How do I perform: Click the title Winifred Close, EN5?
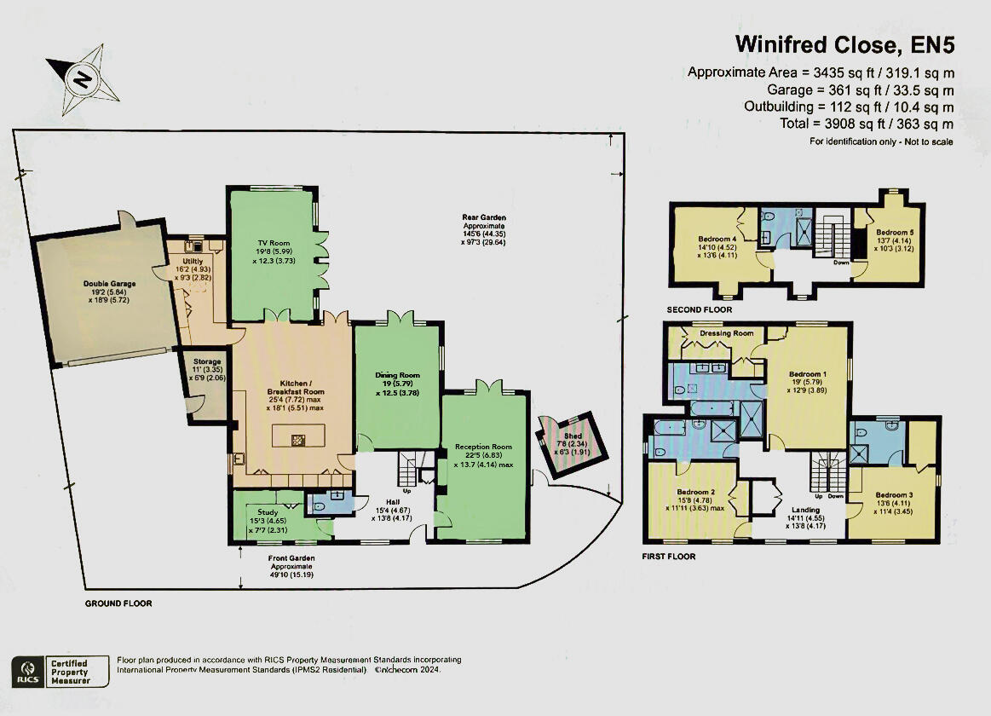point(844,43)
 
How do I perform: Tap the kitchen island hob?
point(299,440)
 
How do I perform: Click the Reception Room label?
point(483,447)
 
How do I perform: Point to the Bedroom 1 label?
point(808,374)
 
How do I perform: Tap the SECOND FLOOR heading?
point(701,309)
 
